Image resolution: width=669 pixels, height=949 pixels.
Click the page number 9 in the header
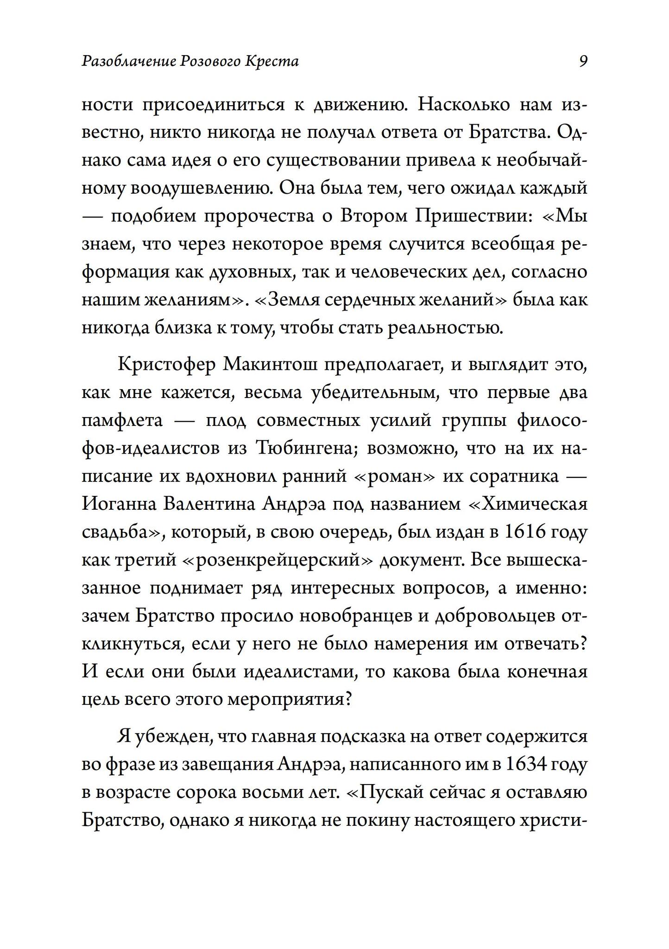(583, 61)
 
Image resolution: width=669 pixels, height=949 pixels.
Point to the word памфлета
(122, 421)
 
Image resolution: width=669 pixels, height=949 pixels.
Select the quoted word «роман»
(394, 477)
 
